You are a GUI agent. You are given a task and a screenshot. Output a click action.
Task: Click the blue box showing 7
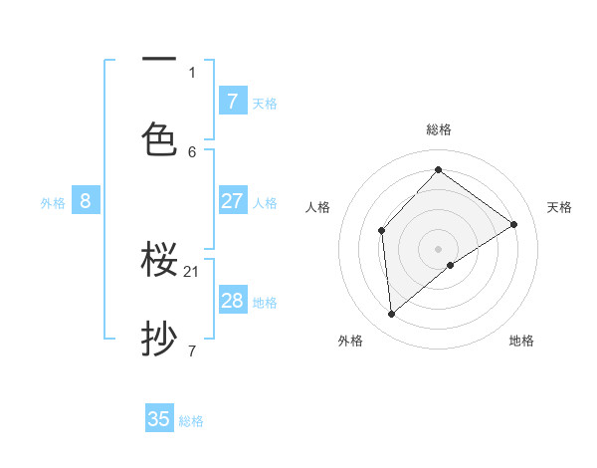232,102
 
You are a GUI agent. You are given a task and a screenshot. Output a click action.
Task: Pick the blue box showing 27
232,201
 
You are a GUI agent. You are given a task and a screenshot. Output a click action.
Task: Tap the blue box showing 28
232,301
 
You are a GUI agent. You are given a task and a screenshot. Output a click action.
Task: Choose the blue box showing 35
159,419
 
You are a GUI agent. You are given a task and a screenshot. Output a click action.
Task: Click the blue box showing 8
86,201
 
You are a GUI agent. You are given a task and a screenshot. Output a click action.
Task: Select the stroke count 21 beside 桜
192,271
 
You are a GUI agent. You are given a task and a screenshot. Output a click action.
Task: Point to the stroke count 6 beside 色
192,151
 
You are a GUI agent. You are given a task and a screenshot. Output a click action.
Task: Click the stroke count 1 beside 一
192,72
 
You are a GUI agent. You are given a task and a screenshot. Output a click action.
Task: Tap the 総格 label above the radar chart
439,129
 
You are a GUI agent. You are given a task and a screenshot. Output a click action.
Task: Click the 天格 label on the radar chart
559,207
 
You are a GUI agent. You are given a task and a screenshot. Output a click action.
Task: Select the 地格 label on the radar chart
521,341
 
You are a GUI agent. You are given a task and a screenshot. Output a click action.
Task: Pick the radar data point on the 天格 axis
514,224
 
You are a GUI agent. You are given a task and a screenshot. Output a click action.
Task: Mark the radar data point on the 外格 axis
392,315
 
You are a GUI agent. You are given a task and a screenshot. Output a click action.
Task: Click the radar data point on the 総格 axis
438,169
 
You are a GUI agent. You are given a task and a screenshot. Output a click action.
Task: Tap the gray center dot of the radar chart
438,248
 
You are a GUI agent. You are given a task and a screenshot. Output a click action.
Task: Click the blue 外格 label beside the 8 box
53,203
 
